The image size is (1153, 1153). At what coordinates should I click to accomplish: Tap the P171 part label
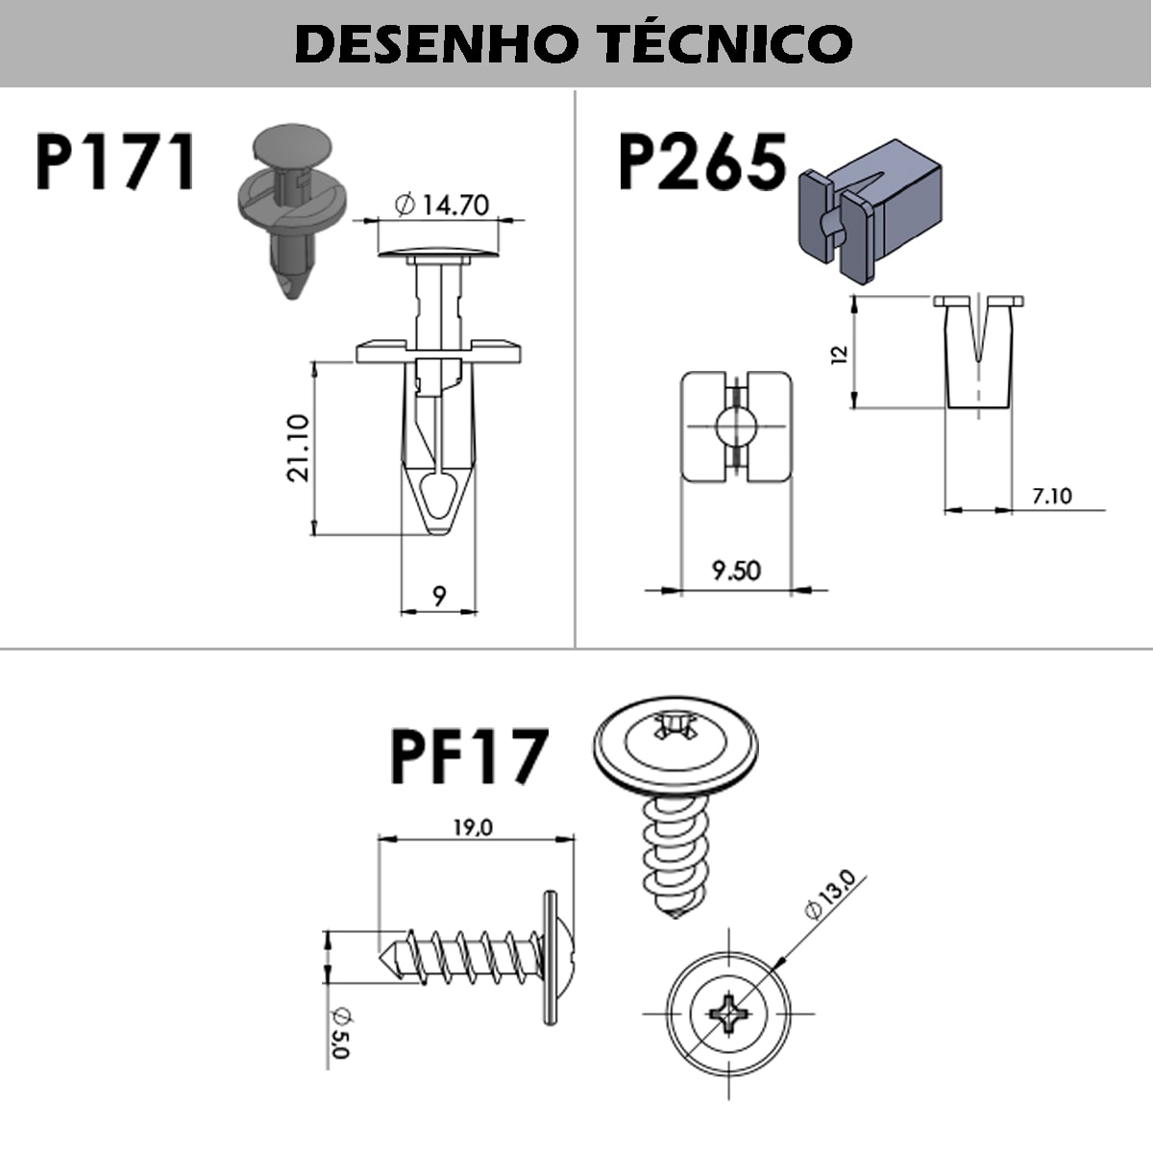[x=116, y=161]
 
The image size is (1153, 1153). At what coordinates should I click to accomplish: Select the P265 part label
[x=701, y=161]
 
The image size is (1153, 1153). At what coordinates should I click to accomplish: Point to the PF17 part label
[x=469, y=757]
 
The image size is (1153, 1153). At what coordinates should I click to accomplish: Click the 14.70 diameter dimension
[x=443, y=205]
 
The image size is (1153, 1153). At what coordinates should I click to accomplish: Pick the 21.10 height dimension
[x=299, y=447]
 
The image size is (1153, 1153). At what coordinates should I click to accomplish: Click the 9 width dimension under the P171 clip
[x=439, y=597]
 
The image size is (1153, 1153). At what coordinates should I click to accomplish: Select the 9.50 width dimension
[x=736, y=571]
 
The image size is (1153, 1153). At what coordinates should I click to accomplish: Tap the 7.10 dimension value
[x=1051, y=496]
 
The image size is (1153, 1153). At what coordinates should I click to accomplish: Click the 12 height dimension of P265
[x=840, y=354]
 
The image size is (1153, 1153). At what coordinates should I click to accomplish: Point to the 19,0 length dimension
[x=473, y=826]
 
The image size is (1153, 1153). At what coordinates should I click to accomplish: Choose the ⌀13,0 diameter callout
[x=830, y=894]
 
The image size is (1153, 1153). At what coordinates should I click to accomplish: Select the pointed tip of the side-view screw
[x=389, y=955]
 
